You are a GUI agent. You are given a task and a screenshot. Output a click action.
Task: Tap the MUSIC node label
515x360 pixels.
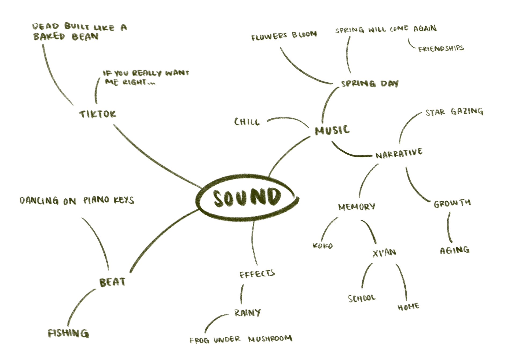point(332,130)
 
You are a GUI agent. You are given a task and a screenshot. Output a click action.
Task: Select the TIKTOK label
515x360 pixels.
point(98,114)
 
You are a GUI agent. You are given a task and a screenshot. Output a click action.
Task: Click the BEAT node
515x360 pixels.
point(112,282)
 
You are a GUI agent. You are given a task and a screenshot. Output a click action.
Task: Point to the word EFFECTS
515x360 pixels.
point(257,274)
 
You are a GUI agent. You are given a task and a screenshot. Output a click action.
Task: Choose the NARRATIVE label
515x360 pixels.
point(399,153)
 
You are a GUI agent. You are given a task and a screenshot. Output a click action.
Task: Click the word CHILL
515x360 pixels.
point(247,122)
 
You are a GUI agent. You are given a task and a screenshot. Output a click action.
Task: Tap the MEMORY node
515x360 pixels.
point(356,207)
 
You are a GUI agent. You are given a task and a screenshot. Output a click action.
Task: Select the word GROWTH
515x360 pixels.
point(452,203)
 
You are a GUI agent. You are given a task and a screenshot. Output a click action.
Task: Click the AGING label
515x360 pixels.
point(455,250)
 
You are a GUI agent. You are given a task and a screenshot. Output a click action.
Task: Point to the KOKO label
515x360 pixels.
point(323,246)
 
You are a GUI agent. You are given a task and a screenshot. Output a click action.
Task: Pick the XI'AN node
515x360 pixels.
point(384,253)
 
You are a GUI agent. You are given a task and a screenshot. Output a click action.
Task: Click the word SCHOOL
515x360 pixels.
point(362,298)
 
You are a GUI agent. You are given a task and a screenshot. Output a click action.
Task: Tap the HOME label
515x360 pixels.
point(409,307)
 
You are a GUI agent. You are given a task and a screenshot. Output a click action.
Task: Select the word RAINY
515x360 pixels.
point(247,313)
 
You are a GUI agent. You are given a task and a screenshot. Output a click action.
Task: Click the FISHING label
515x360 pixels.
point(68,333)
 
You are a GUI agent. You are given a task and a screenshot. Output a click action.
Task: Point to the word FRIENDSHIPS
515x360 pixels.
point(441,49)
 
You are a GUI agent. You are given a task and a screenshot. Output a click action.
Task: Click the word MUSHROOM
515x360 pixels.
point(270,339)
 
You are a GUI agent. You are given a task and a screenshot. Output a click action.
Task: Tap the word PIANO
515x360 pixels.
point(96,200)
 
